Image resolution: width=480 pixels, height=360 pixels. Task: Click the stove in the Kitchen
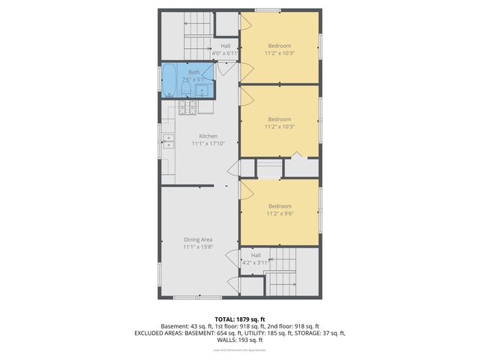(x=187, y=109)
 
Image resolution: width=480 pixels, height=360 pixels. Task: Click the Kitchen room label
(x=208, y=136)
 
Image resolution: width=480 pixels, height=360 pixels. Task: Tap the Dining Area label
(x=198, y=239)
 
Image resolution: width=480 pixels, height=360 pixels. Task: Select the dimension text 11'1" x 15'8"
(x=198, y=247)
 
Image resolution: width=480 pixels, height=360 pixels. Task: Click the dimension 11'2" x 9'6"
(x=279, y=213)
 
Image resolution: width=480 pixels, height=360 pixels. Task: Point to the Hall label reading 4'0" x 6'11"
(x=225, y=53)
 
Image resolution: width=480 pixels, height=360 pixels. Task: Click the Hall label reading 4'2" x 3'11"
(x=255, y=262)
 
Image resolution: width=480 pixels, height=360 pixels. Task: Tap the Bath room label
(x=193, y=72)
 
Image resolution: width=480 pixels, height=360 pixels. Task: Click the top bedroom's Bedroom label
(x=279, y=46)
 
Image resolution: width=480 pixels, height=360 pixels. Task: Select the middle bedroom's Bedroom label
(x=279, y=119)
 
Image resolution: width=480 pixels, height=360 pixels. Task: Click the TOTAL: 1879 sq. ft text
(x=239, y=319)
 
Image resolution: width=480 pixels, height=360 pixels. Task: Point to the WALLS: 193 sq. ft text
(x=239, y=339)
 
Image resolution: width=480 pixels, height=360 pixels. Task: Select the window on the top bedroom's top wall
(x=267, y=10)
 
